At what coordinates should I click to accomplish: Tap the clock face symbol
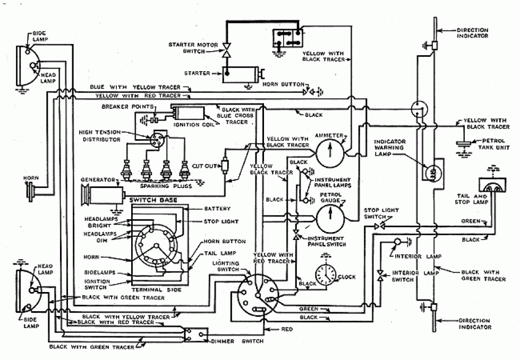325,275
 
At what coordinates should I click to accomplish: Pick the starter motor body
240,74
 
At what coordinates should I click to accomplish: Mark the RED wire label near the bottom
287,329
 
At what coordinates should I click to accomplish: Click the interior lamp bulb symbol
396,242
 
